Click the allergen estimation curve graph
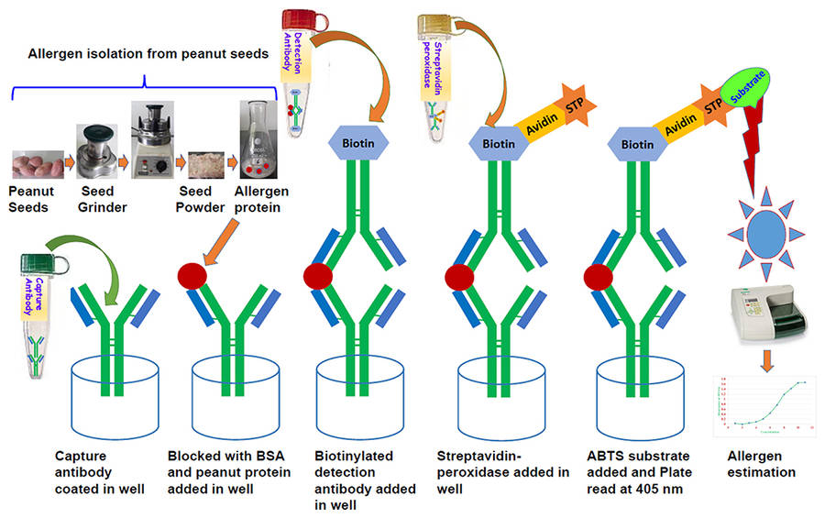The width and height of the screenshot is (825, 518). [x=761, y=402]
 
